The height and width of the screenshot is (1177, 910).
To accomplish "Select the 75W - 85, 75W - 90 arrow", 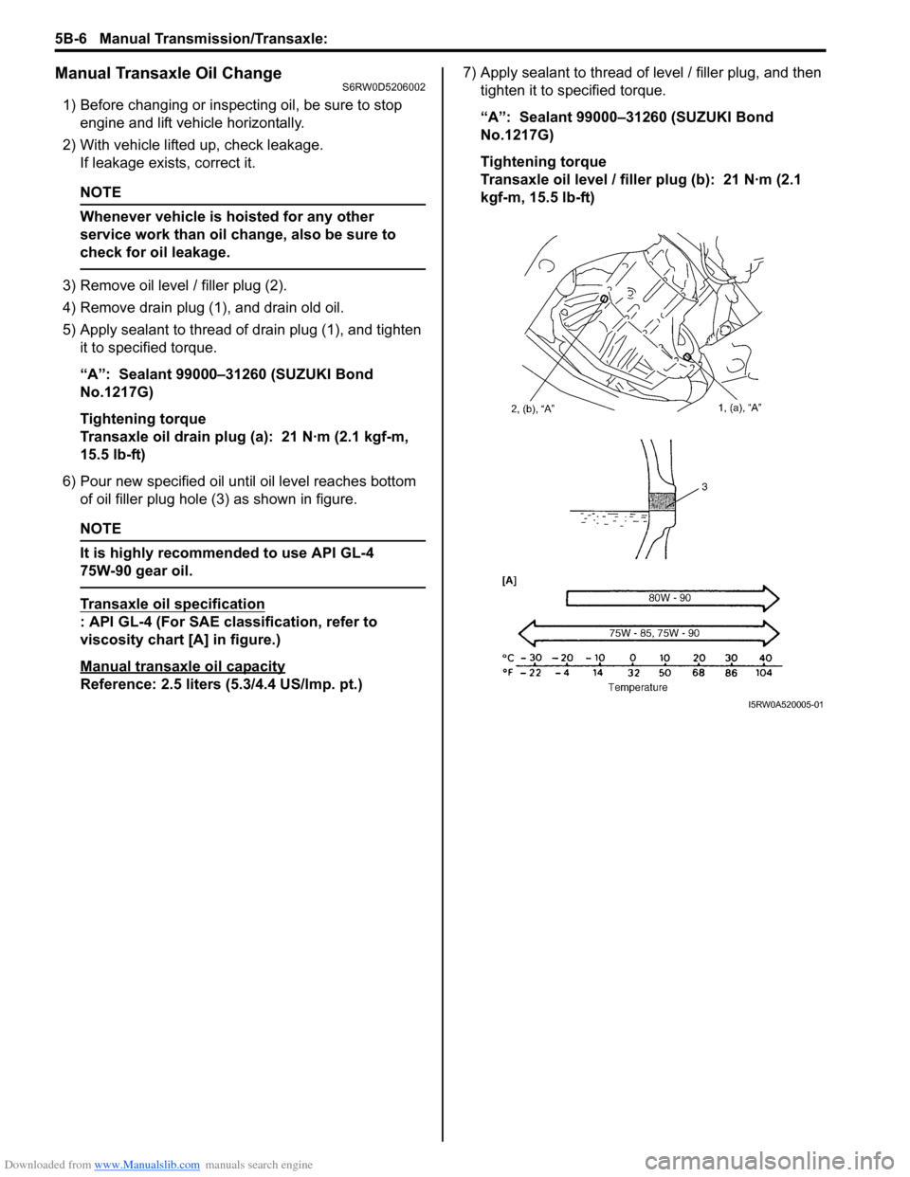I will [x=654, y=633].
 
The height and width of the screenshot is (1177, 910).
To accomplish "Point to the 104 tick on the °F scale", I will [x=764, y=673].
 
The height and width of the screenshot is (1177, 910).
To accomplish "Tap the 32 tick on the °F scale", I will [x=633, y=673].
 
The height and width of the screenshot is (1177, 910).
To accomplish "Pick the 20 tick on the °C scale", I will [x=699, y=658].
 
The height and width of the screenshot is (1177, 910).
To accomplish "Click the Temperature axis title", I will [x=637, y=687].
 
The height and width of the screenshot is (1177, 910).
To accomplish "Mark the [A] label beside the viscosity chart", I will [x=509, y=580].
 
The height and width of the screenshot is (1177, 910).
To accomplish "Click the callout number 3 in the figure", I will [x=704, y=486].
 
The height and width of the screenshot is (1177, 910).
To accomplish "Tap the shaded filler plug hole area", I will [x=661, y=502].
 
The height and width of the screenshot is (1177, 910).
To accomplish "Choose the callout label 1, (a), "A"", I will [x=739, y=407].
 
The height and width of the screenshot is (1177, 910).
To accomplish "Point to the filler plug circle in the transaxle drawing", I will [x=603, y=298].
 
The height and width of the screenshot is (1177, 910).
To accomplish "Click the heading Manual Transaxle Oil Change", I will [x=169, y=73].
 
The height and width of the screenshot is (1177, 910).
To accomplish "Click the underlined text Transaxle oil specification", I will [x=173, y=604].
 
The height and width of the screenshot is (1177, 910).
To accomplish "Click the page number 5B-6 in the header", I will [x=70, y=38].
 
